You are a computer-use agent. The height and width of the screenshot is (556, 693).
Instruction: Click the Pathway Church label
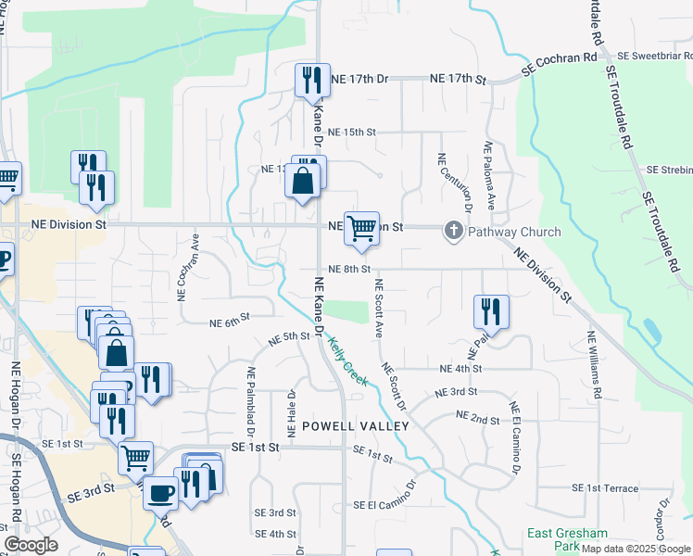click(x=514, y=231)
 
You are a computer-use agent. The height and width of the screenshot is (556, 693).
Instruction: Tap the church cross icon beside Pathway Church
click(x=454, y=231)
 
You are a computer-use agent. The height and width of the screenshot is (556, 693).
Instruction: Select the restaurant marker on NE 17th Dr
click(x=312, y=81)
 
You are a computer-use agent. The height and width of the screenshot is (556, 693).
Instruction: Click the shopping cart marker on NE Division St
click(x=360, y=228)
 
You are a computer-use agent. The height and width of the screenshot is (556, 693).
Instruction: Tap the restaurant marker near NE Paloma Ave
click(x=490, y=311)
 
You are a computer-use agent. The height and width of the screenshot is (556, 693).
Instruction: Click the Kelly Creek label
click(x=348, y=361)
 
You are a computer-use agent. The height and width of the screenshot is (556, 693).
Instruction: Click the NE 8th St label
click(x=349, y=269)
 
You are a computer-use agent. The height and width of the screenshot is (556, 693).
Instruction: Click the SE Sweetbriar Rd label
click(x=656, y=56)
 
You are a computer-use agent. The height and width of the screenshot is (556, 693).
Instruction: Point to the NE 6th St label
click(x=230, y=322)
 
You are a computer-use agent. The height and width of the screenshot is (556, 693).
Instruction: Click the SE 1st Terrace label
click(x=605, y=487)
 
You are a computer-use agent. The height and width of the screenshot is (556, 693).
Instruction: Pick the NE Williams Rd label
click(x=589, y=363)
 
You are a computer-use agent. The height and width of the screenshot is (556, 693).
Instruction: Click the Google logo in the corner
click(x=31, y=545)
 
